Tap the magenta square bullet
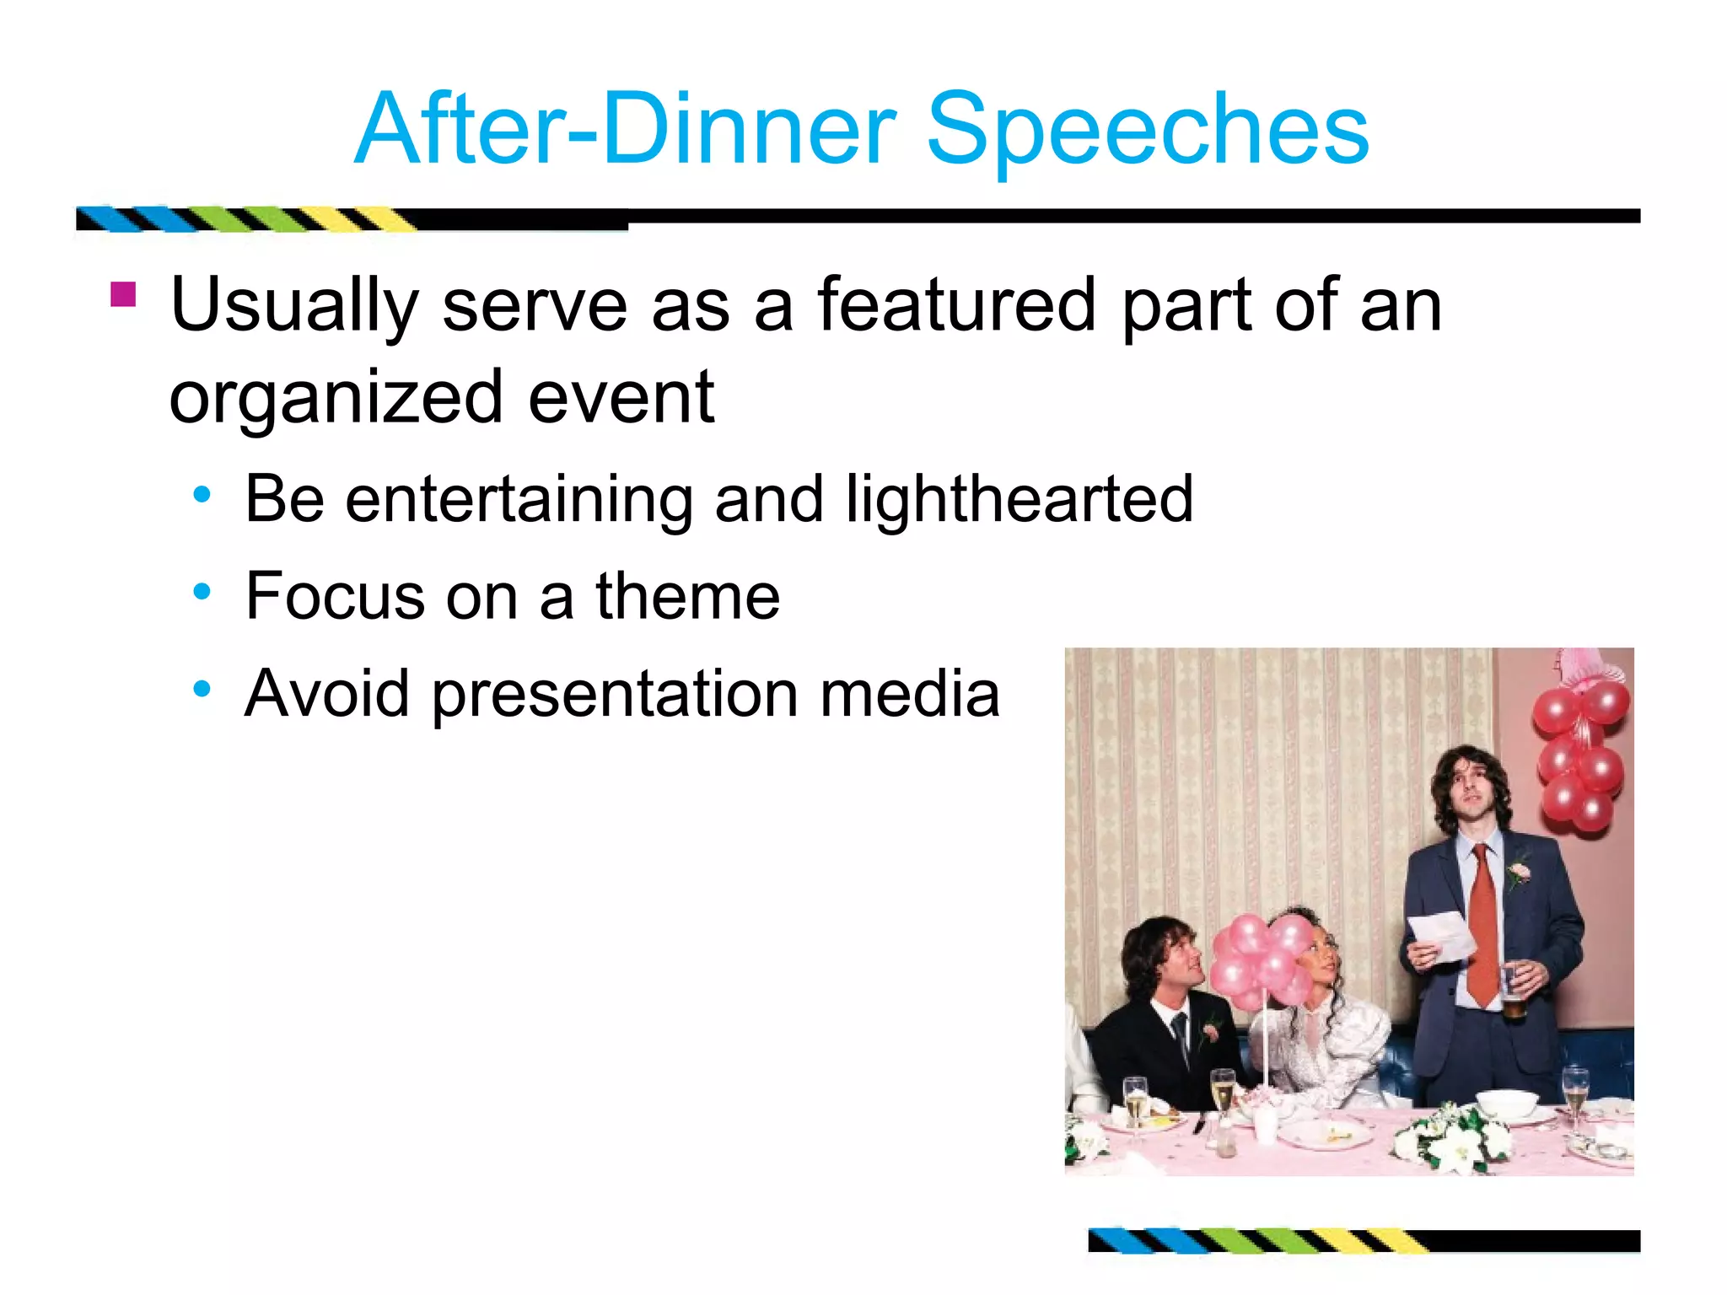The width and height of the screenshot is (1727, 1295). point(123,295)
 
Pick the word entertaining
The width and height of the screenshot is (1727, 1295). point(519,499)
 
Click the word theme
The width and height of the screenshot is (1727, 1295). point(687,596)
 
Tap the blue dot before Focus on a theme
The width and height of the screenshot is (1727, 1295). point(202,592)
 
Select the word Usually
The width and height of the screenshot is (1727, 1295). point(293,305)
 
